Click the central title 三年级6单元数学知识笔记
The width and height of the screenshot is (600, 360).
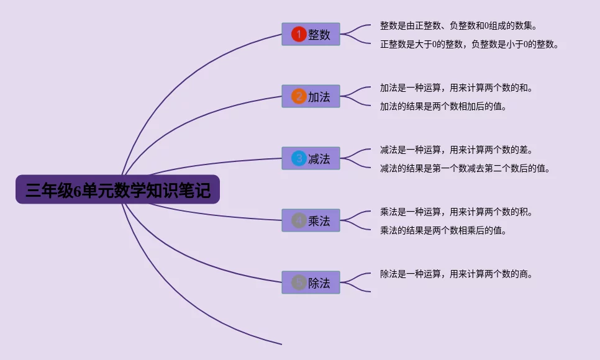(x=117, y=189)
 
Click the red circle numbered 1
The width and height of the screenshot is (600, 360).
(x=299, y=34)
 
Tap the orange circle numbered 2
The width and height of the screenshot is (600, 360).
(x=299, y=96)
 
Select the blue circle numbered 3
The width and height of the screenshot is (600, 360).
(x=299, y=158)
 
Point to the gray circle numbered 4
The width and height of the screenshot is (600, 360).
(x=299, y=220)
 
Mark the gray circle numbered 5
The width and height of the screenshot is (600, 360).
(x=299, y=282)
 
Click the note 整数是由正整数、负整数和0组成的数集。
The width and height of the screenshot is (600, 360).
(x=458, y=26)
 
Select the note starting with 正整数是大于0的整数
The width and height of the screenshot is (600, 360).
(x=469, y=45)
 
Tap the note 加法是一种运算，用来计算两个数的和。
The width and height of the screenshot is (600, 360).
(x=457, y=88)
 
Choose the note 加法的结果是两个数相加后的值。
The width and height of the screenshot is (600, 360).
(x=443, y=107)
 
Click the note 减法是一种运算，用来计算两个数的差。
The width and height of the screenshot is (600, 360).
(x=457, y=150)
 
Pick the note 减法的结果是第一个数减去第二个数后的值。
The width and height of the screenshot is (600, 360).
(x=465, y=168)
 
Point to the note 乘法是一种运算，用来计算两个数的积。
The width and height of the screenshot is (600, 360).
(x=457, y=212)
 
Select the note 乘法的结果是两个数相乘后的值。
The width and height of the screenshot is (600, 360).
(x=443, y=230)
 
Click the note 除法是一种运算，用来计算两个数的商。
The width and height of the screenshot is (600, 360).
(x=457, y=274)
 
